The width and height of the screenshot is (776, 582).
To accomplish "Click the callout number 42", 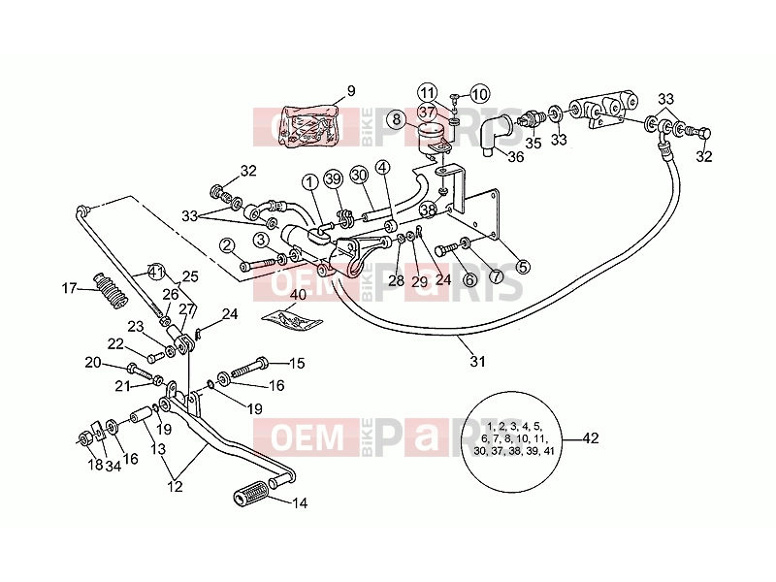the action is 591,438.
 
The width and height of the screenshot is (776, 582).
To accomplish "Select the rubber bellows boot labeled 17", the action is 110,290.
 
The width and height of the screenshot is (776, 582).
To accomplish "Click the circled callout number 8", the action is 397,119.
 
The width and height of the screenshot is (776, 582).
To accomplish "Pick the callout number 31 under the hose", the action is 477,361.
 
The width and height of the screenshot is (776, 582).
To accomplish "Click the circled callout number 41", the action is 156,273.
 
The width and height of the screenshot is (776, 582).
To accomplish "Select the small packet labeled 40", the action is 292,319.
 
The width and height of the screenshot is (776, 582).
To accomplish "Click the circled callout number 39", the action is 334,179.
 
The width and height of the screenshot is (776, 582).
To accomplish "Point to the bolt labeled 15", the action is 250,367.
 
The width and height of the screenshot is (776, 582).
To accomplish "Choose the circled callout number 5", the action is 523,267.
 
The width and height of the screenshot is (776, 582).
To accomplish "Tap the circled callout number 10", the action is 478,93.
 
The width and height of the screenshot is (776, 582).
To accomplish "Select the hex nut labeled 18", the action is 83,438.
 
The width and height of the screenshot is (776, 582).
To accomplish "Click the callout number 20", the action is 92,363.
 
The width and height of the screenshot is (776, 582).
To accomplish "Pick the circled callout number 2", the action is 227,245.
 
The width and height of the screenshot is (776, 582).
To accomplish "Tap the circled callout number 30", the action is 359,175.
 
